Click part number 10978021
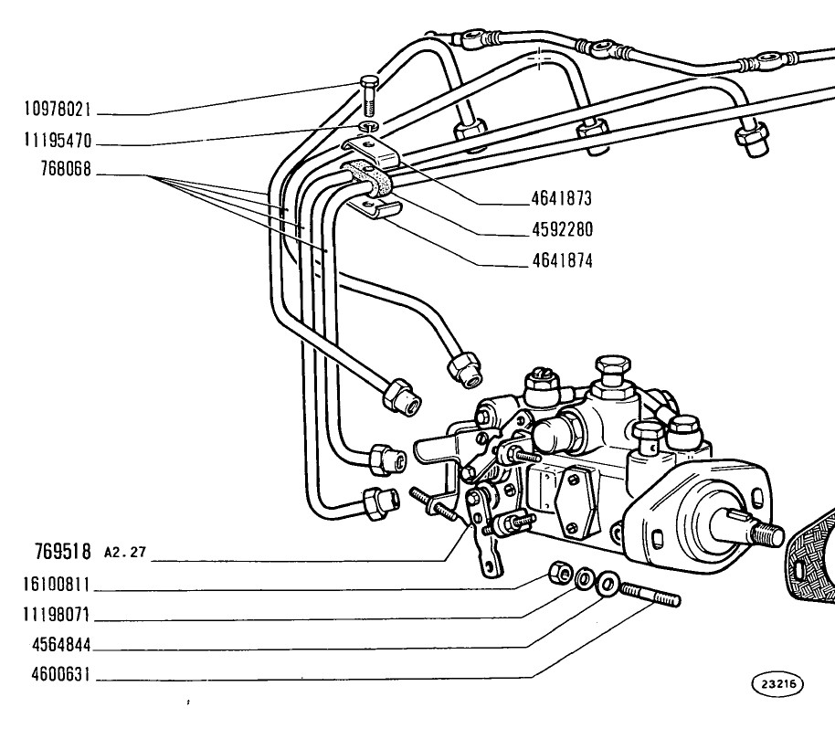point(58,110)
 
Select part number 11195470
point(58,141)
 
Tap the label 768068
point(66,170)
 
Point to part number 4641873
point(562,198)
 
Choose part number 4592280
point(563,230)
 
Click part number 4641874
point(563,261)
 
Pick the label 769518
point(63,552)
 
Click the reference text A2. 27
point(125,552)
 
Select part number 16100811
point(57,585)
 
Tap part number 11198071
point(57,615)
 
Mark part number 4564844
point(61,645)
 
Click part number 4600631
point(61,675)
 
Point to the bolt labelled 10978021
point(368,96)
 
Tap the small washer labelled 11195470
point(368,126)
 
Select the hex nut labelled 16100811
point(560,572)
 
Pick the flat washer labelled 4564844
point(607,584)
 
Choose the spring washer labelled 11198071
point(584,577)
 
